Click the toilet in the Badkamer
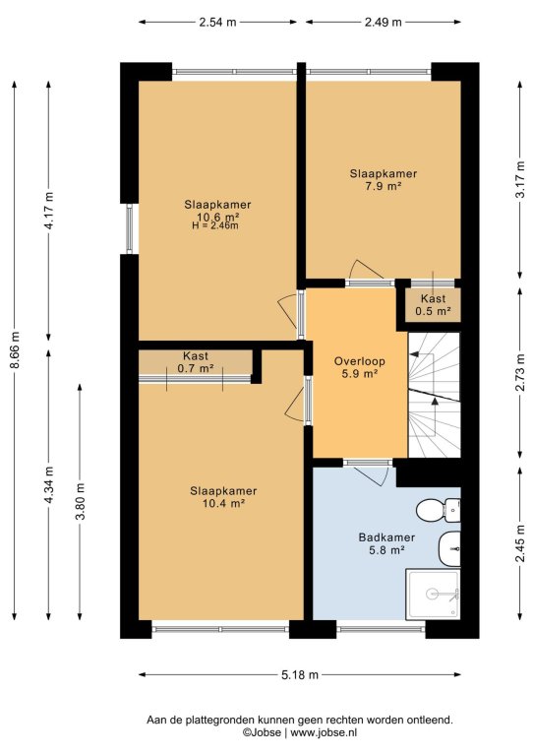[439, 510]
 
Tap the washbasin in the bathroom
[449, 548]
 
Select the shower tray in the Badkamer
[433, 595]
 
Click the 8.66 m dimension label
[15, 350]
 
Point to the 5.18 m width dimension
[300, 675]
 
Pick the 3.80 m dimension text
[80, 501]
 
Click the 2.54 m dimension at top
[217, 23]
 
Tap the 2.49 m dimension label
[383, 23]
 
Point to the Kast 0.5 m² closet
[433, 305]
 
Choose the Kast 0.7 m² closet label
[196, 362]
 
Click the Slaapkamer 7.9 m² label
[384, 180]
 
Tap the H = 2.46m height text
[215, 225]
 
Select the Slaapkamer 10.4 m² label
[223, 497]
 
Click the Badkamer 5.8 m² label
[386, 543]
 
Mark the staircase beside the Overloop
[435, 395]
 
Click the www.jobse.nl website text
[325, 732]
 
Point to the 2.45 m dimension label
[520, 543]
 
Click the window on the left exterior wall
[130, 228]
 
